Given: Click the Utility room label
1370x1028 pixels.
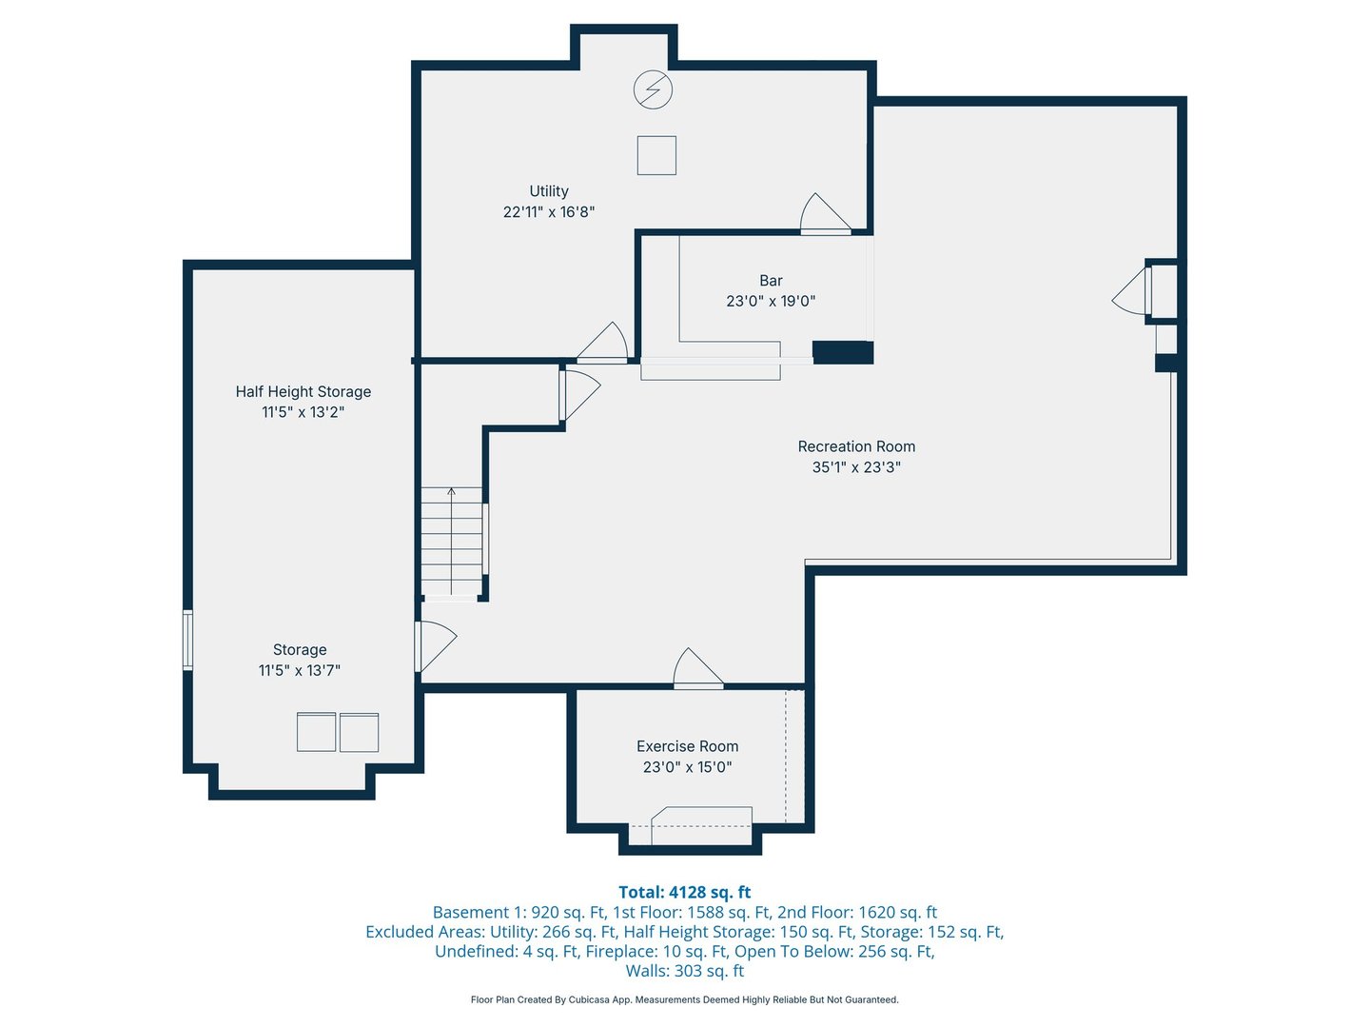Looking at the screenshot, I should click(x=549, y=191).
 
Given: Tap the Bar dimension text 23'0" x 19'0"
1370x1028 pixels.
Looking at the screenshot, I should click(x=771, y=301).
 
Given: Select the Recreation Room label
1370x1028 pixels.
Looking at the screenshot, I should click(x=856, y=446).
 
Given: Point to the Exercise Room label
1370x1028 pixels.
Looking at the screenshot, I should click(x=687, y=746).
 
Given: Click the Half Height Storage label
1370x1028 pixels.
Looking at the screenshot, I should click(x=303, y=391).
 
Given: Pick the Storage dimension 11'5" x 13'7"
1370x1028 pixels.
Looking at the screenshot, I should click(x=300, y=670).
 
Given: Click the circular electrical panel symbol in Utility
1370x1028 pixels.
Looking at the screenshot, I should click(x=654, y=90).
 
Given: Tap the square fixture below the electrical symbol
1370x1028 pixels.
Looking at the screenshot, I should click(x=656, y=155).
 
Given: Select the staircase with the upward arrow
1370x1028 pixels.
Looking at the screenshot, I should click(x=452, y=541).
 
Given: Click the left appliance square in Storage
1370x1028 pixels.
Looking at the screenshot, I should click(x=316, y=732).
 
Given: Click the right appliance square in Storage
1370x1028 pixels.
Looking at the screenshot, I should click(x=360, y=732).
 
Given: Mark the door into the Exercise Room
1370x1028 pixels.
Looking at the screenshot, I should click(x=697, y=670).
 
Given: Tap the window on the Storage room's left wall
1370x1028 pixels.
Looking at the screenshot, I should click(x=187, y=640).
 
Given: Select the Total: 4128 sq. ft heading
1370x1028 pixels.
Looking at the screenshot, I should click(x=684, y=892).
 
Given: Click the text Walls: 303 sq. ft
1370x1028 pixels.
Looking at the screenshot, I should click(x=684, y=971).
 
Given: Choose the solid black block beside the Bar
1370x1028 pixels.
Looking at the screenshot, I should click(x=842, y=352).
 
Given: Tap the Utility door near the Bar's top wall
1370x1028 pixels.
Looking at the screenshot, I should click(x=824, y=215).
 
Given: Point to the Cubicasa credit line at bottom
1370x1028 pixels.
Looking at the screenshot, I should click(x=684, y=999).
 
